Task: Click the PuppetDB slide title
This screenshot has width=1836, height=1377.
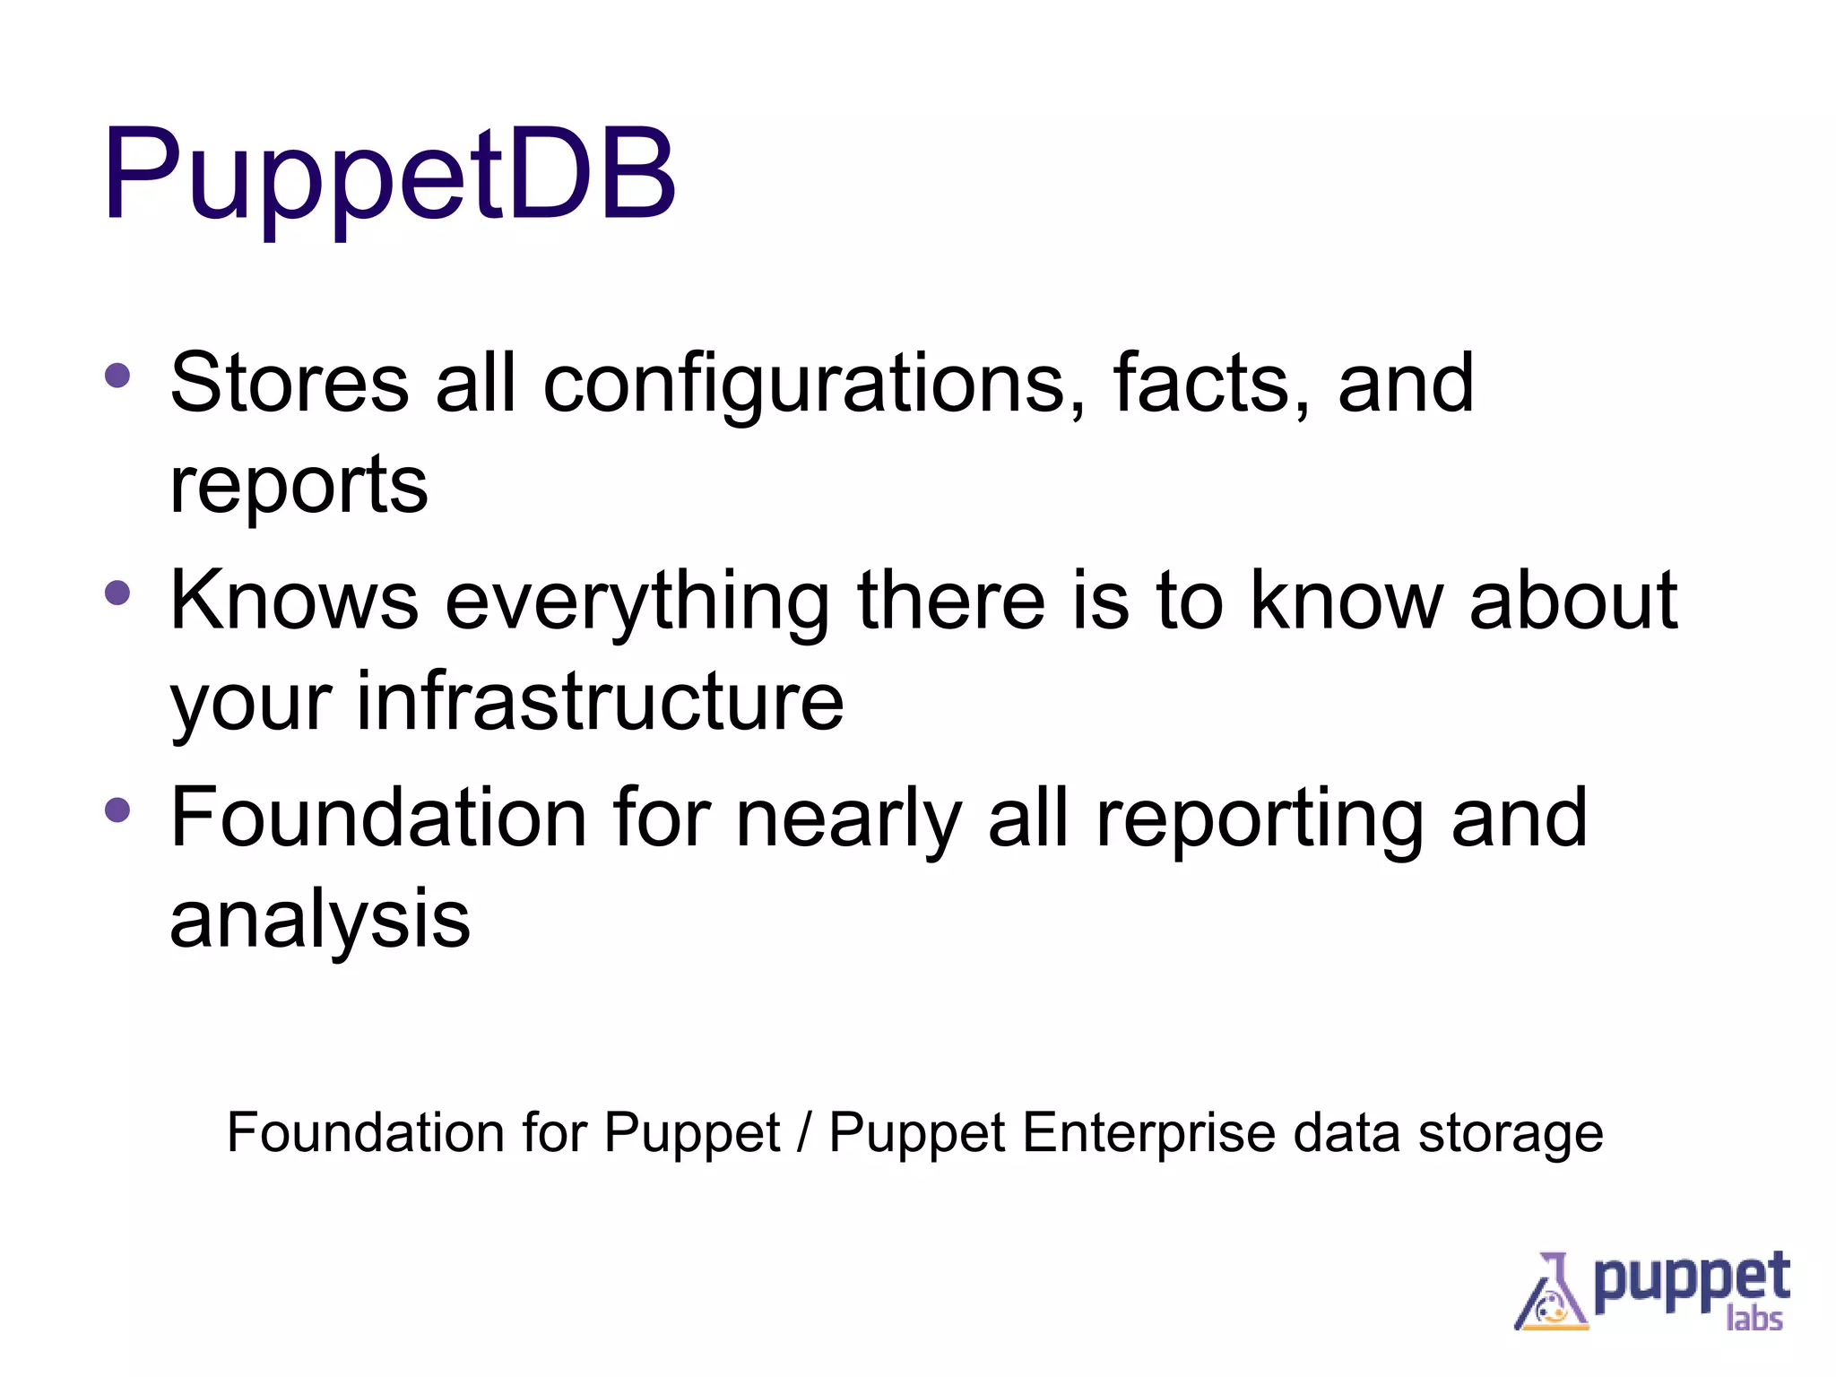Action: [389, 176]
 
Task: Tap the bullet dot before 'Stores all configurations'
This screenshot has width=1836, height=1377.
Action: [117, 375]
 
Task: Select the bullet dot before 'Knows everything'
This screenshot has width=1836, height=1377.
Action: [117, 593]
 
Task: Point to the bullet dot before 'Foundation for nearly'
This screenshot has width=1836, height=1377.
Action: [117, 810]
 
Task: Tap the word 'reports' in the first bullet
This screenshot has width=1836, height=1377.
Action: [299, 487]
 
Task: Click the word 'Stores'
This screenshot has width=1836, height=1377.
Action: [289, 384]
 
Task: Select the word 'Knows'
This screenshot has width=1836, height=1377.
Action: [294, 601]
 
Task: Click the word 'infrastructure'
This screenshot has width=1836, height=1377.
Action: [600, 702]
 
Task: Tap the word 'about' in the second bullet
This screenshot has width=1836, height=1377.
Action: [1573, 601]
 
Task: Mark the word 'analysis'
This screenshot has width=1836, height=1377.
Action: [320, 921]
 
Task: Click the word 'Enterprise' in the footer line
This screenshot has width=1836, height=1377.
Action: [1148, 1134]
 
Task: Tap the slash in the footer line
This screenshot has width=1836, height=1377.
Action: [804, 1133]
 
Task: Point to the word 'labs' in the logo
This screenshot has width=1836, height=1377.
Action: [1754, 1319]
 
